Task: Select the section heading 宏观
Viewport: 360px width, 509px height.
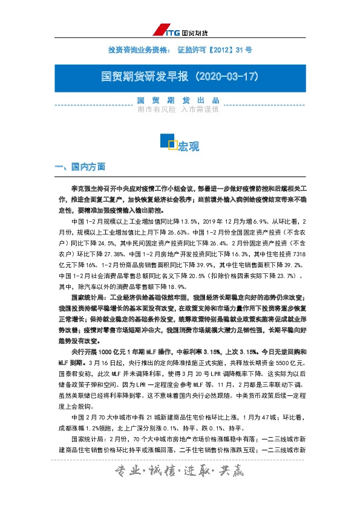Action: click(x=189, y=146)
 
